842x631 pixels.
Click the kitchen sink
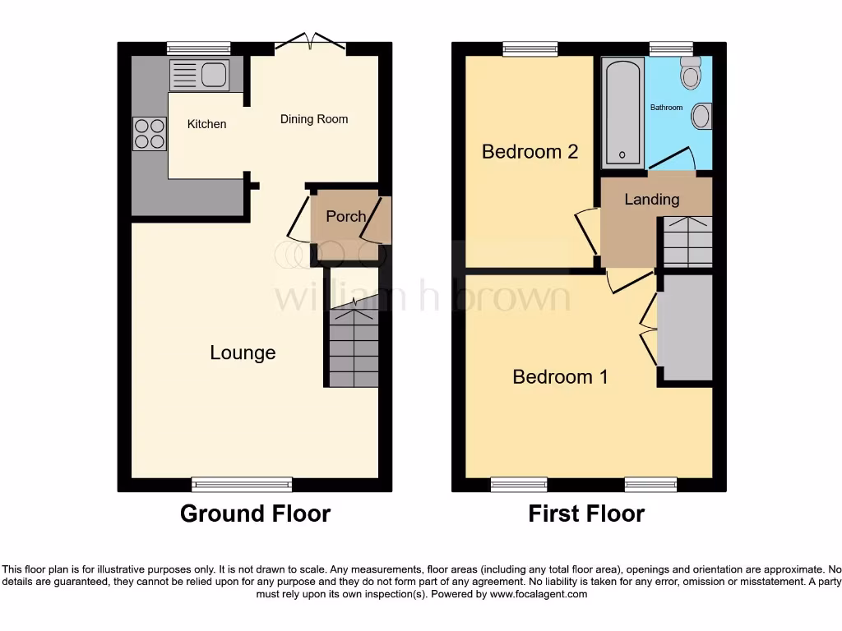(x=199, y=75)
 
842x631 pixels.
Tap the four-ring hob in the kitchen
(x=149, y=133)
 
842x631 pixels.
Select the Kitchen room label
(x=206, y=124)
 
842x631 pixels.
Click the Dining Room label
(x=314, y=119)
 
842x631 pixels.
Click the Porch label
(x=345, y=216)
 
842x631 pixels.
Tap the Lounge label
(x=243, y=352)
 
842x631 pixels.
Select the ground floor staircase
(x=354, y=345)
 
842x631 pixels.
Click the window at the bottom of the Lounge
(x=242, y=484)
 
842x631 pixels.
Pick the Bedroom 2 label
(x=530, y=151)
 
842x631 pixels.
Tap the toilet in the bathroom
(x=691, y=74)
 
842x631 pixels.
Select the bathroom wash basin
(x=701, y=116)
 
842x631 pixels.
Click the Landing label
(x=652, y=199)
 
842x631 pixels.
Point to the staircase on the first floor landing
(x=687, y=242)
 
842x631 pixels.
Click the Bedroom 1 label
(x=560, y=376)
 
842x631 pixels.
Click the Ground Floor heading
(x=255, y=514)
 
